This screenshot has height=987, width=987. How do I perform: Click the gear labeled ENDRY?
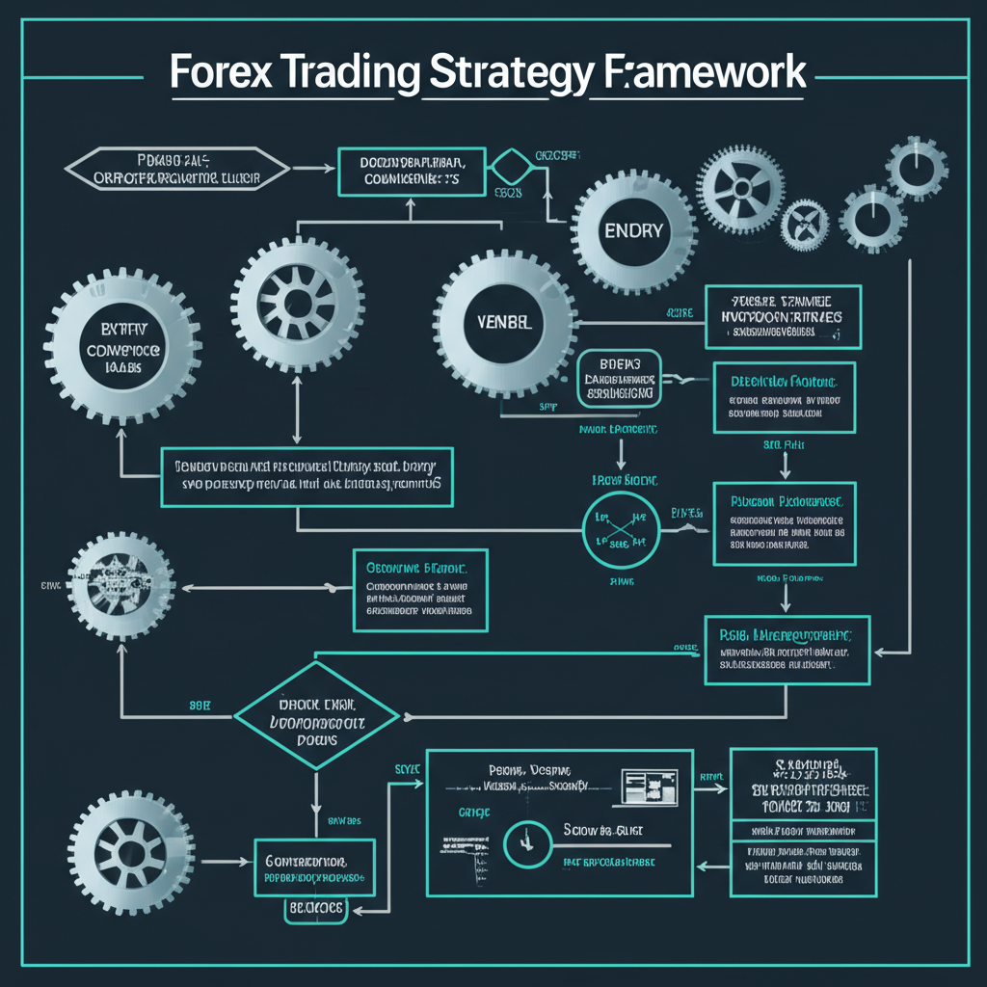[632, 230]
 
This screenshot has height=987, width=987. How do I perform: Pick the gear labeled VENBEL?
[503, 320]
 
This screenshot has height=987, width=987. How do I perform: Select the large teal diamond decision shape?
[316, 714]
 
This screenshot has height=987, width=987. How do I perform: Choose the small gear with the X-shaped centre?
[804, 226]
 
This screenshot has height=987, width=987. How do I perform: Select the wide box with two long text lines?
[307, 475]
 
